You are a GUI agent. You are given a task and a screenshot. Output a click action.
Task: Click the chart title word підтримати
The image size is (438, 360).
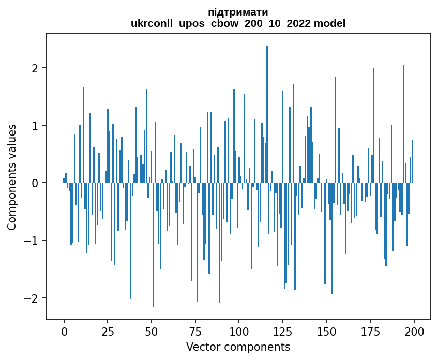tap(238, 12)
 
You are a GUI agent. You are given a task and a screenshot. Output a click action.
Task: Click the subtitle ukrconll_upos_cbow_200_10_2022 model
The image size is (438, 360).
tap(238, 23)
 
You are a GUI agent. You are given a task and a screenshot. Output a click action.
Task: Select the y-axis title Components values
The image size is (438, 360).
tap(12, 177)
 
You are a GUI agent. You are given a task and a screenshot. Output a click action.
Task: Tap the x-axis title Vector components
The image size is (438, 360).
tap(238, 347)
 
